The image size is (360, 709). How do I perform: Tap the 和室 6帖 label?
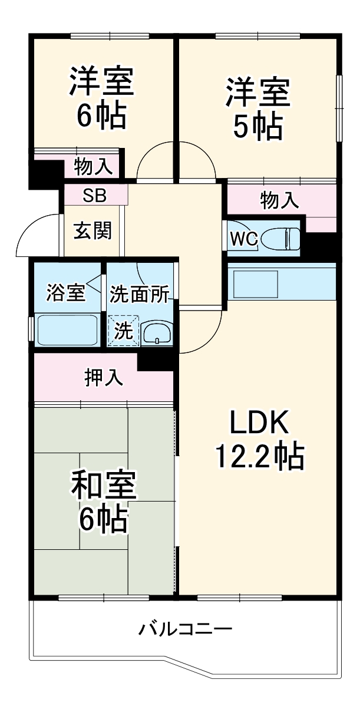click(104, 501)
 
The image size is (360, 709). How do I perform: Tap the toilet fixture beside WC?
click(280, 239)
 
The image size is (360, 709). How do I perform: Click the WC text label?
click(243, 239)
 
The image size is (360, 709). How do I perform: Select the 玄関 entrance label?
click(93, 231)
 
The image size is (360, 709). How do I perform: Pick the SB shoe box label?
click(94, 196)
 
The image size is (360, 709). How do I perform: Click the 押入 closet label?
click(104, 378)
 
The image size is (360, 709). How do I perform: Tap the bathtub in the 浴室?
click(67, 330)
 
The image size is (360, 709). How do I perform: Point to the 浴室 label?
click(66, 292)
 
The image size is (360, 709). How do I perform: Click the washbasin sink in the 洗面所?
click(157, 332)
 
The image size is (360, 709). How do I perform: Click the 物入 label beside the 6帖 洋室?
click(93, 167)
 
